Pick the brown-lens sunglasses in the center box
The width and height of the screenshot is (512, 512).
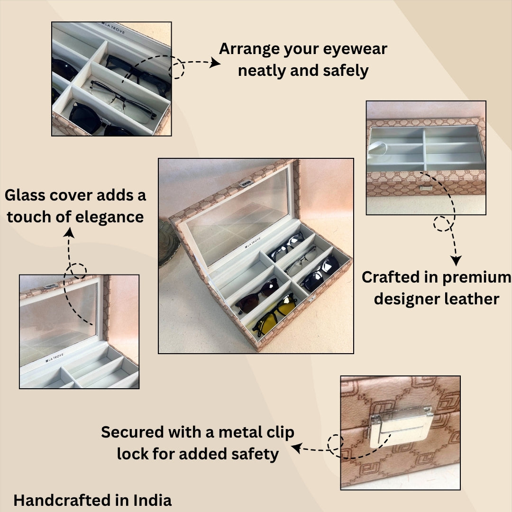(256, 294)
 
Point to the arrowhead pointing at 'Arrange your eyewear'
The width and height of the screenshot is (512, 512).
(216, 63)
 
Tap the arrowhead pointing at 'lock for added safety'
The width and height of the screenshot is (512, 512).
(296, 447)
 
